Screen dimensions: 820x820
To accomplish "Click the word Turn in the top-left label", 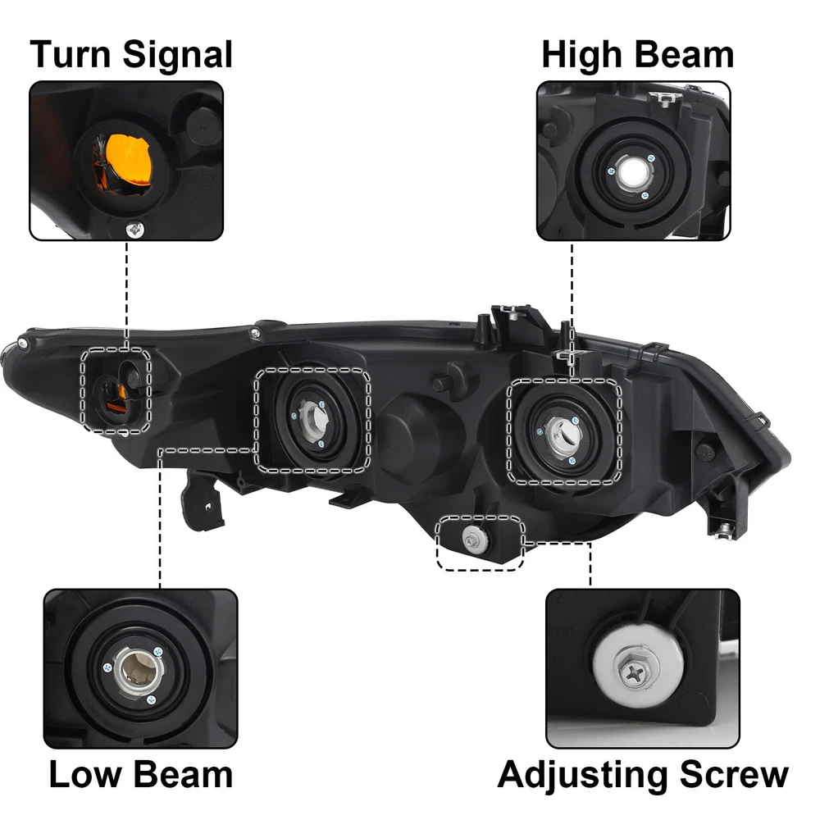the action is pos(71,54).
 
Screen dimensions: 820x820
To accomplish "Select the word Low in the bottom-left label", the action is pos(84,774).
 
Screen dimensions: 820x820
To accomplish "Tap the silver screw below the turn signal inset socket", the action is pos(135,229).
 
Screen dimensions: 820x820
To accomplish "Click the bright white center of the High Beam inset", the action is pos(631,172).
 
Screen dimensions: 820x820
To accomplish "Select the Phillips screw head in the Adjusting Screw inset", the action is pos(635,673).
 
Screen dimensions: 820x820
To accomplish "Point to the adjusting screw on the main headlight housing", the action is pos(475,539).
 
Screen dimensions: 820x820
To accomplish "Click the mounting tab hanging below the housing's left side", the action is pos(203,501).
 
